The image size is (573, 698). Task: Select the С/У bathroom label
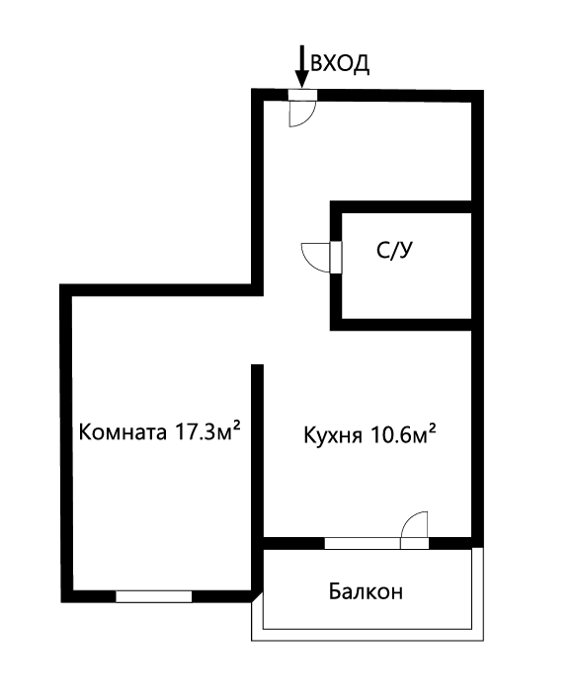click(393, 251)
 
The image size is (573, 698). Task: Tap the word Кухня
click(335, 434)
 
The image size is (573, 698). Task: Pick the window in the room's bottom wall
click(153, 595)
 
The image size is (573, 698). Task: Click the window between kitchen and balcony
click(363, 542)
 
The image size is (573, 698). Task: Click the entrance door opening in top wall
click(302, 95)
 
